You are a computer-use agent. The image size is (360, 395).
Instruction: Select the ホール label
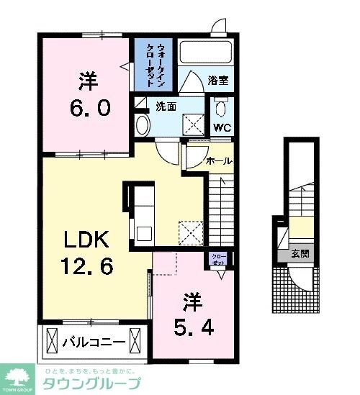(219, 161)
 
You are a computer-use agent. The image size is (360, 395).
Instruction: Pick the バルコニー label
(94, 340)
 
